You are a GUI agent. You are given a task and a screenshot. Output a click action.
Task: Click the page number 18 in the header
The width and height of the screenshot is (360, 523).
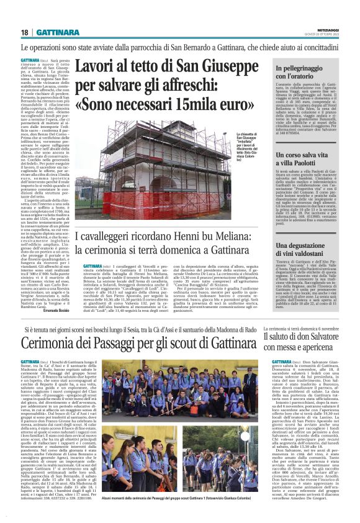25,32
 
